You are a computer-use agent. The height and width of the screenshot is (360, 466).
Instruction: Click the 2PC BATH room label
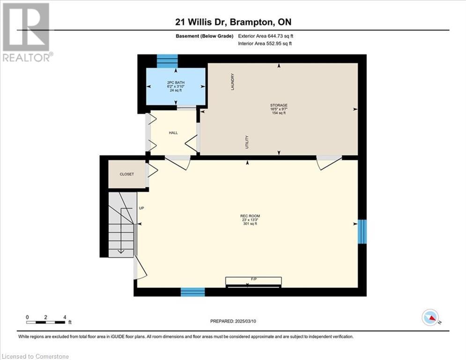176,82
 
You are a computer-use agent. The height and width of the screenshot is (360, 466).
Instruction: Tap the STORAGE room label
279,105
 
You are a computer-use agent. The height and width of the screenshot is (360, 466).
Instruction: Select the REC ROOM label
250,216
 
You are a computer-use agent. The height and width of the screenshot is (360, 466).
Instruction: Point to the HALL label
173,133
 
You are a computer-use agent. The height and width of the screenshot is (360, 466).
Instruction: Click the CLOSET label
127,174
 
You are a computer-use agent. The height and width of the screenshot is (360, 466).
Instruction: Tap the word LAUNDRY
233,82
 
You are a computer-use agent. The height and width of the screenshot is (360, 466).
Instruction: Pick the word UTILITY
247,142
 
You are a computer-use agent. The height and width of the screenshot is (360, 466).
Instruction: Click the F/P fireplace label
254,279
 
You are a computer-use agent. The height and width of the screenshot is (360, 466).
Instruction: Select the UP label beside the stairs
141,208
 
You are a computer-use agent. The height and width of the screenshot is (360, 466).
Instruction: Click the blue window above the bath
167,61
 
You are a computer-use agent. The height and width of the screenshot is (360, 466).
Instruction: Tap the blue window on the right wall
362,232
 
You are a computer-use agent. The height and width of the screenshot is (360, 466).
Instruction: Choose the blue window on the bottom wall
193,292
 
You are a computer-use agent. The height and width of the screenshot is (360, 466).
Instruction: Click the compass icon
430,317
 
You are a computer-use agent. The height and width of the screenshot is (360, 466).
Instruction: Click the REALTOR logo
27,32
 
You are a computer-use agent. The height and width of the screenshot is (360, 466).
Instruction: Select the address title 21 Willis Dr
200,22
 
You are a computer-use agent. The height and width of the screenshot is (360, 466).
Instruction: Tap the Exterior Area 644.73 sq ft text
266,36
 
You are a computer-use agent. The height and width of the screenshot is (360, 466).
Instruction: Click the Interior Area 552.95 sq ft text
265,44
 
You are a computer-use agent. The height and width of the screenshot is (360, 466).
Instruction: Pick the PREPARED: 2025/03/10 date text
233,321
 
